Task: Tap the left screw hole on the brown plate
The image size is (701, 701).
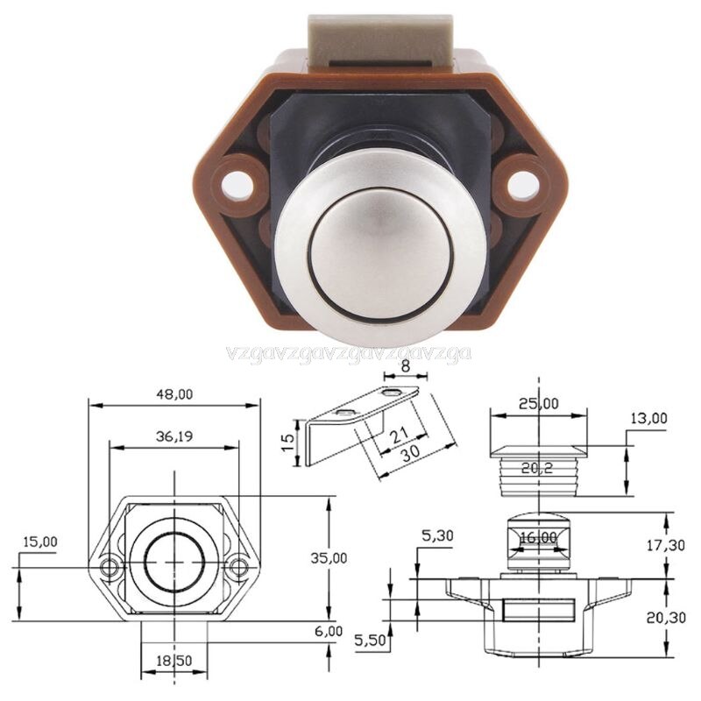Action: click(x=233, y=182)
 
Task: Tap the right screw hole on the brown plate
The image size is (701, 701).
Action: click(x=523, y=182)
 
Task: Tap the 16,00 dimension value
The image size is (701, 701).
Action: click(x=539, y=537)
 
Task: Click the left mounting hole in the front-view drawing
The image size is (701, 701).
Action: click(x=110, y=567)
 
